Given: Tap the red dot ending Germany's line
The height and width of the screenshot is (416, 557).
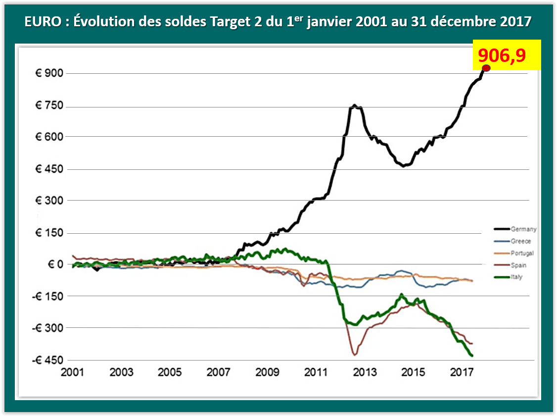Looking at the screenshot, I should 486,68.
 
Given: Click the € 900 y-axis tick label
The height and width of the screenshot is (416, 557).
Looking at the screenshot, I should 51,74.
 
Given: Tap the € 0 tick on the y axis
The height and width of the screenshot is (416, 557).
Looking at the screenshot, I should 55,264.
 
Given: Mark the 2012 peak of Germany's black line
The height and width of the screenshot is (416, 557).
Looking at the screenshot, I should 355,105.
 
